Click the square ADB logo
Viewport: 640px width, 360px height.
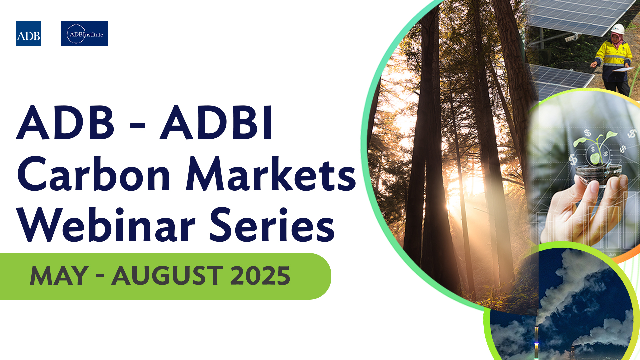tap(28, 34)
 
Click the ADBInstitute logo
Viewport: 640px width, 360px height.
tap(85, 34)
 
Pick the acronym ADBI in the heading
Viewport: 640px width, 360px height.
tap(217, 123)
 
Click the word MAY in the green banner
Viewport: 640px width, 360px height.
tap(59, 276)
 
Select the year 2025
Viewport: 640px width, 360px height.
tap(260, 276)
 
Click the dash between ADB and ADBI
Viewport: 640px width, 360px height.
tap(137, 126)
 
